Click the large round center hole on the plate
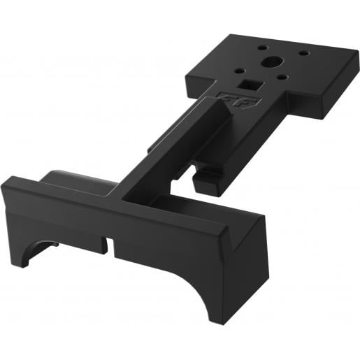(x=268, y=62)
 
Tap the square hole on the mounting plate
(x=247, y=85)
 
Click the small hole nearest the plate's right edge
(x=303, y=52)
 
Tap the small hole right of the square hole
(x=282, y=78)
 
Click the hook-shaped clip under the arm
(x=208, y=180)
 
